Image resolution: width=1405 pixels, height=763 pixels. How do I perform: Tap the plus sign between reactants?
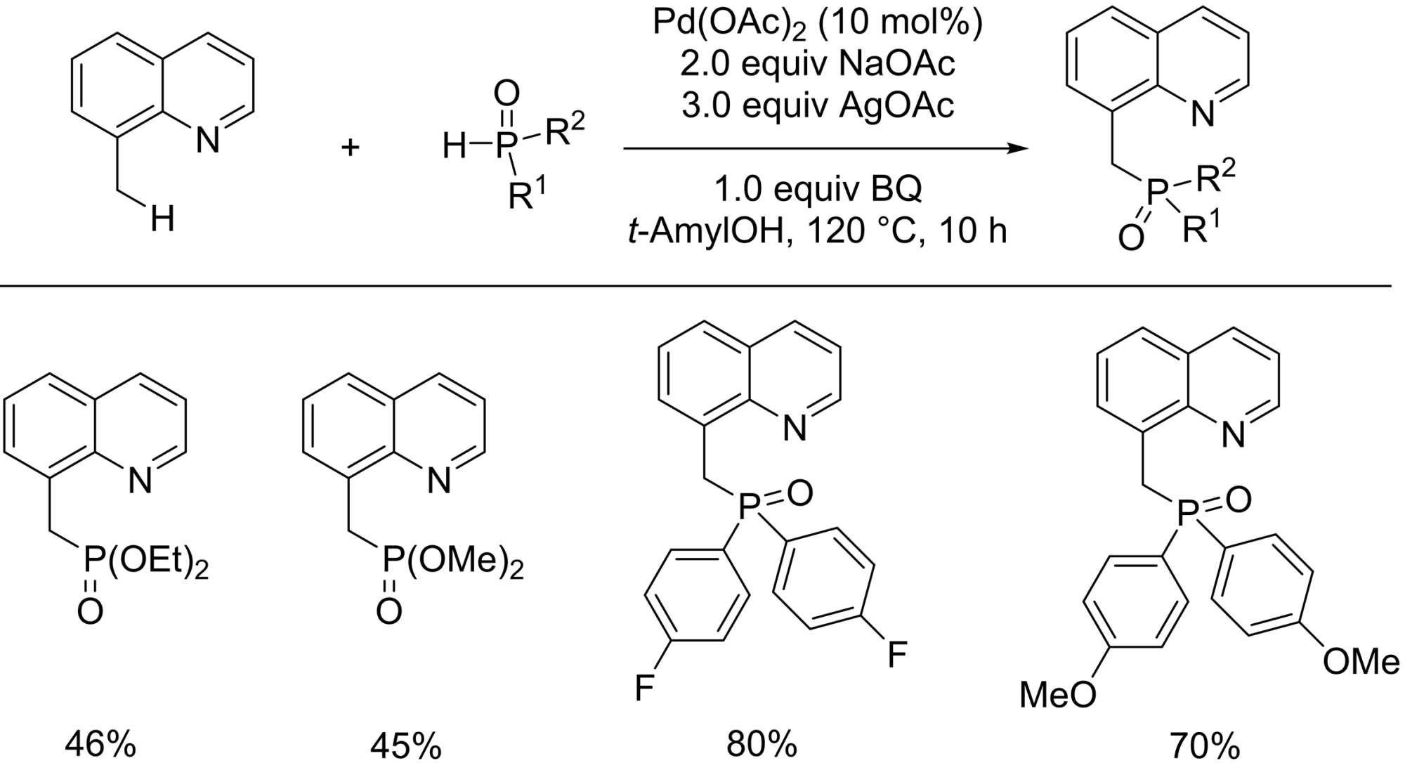[350, 148]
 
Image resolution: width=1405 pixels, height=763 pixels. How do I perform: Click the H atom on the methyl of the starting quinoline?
[162, 220]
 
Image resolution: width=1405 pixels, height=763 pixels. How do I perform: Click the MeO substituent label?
[1057, 695]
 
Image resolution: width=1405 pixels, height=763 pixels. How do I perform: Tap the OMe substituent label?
[1361, 662]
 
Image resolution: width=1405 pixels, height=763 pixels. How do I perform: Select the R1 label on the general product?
[1201, 228]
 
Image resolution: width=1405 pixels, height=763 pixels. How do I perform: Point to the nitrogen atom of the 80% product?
[795, 428]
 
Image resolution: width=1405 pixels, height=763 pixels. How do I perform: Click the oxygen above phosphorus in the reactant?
[507, 93]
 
